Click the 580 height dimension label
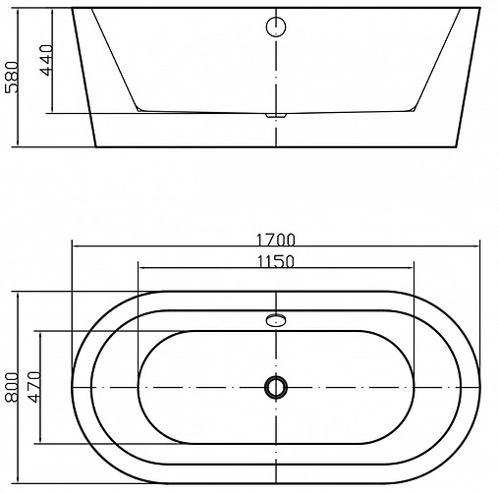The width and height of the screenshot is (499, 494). tap(12, 79)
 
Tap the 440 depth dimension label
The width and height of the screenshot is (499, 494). tap(42, 64)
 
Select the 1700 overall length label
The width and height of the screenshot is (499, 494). tap(276, 240)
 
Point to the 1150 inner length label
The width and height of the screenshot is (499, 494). tap(276, 262)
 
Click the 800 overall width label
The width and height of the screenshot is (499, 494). tap(13, 387)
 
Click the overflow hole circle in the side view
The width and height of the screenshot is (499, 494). tap(276, 27)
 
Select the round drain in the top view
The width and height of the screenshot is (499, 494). tap(276, 387)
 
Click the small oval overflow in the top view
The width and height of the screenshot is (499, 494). tap(276, 319)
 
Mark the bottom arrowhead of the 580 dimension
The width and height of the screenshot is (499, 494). tap(20, 145)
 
